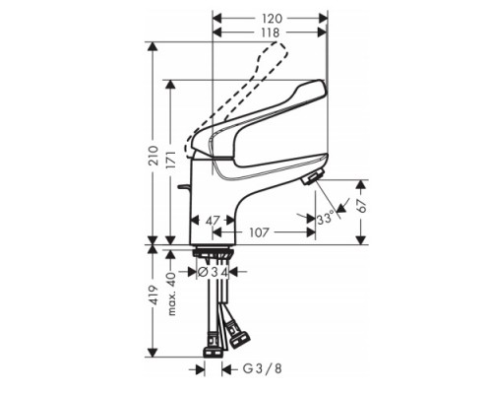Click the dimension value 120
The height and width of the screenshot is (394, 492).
[x=272, y=18]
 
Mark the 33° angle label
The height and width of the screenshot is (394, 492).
[x=327, y=219]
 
